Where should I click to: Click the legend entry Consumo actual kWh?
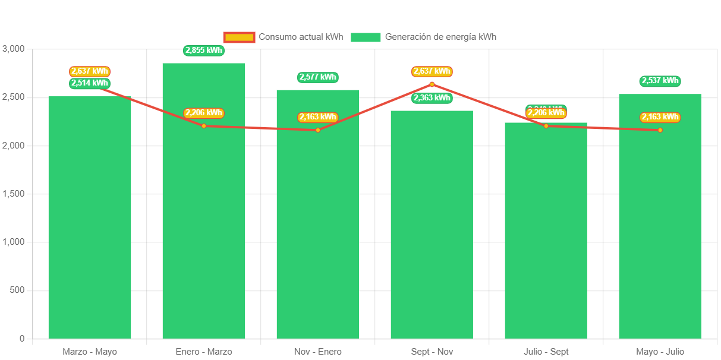(x=284, y=37)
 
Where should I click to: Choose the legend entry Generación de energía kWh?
(x=423, y=37)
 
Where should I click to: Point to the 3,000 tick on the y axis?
(x=13, y=48)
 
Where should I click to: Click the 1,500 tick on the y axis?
(x=13, y=194)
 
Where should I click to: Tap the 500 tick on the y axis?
(x=17, y=290)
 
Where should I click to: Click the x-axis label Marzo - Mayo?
(x=90, y=352)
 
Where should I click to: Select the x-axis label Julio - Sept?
(x=546, y=352)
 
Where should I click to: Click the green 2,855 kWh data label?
(x=204, y=50)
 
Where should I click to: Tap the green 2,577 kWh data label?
(x=318, y=77)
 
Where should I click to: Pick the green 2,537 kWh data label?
(x=660, y=81)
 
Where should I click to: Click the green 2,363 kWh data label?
(x=432, y=98)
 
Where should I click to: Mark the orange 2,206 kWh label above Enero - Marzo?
(x=204, y=113)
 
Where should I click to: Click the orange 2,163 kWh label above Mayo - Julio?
(x=660, y=117)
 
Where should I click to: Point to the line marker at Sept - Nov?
(x=432, y=84)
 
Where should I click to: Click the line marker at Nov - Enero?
(x=318, y=130)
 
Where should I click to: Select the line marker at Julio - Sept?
(x=546, y=126)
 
